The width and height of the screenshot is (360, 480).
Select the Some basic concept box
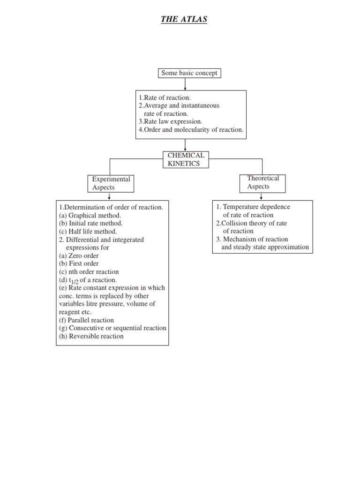pos(189,73)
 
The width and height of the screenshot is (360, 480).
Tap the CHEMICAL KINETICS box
pos(186,159)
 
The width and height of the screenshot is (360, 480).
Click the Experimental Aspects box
pos(111,183)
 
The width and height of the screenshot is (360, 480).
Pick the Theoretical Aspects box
pos(262,182)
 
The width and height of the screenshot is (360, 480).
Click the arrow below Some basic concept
pos(186,84)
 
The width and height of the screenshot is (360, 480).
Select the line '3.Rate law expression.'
pos(170,121)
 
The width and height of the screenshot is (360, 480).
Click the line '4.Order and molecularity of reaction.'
pos(191,130)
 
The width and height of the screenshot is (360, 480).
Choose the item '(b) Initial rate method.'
pos(91,223)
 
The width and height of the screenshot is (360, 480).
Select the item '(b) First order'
pos(79,263)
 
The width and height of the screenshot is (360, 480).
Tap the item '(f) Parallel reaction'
pos(87,320)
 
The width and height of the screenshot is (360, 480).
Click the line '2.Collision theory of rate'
pos(251,223)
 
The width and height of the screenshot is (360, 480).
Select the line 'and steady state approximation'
pos(265,247)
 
